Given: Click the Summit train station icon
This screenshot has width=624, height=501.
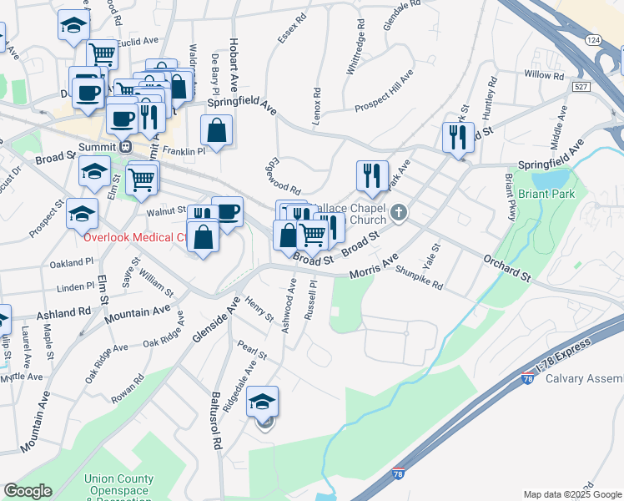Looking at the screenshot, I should click(125, 146).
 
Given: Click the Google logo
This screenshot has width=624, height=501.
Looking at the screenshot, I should click(27, 491).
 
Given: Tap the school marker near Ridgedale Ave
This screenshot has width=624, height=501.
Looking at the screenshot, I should click(262, 402).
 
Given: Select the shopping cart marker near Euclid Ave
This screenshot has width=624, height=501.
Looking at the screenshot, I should click(102, 54).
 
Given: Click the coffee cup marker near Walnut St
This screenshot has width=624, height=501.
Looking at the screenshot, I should click(227, 212).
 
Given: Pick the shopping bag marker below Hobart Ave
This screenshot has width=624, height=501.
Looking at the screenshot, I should click(216, 131).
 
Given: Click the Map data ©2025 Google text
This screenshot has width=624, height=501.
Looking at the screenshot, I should click(572, 494).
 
